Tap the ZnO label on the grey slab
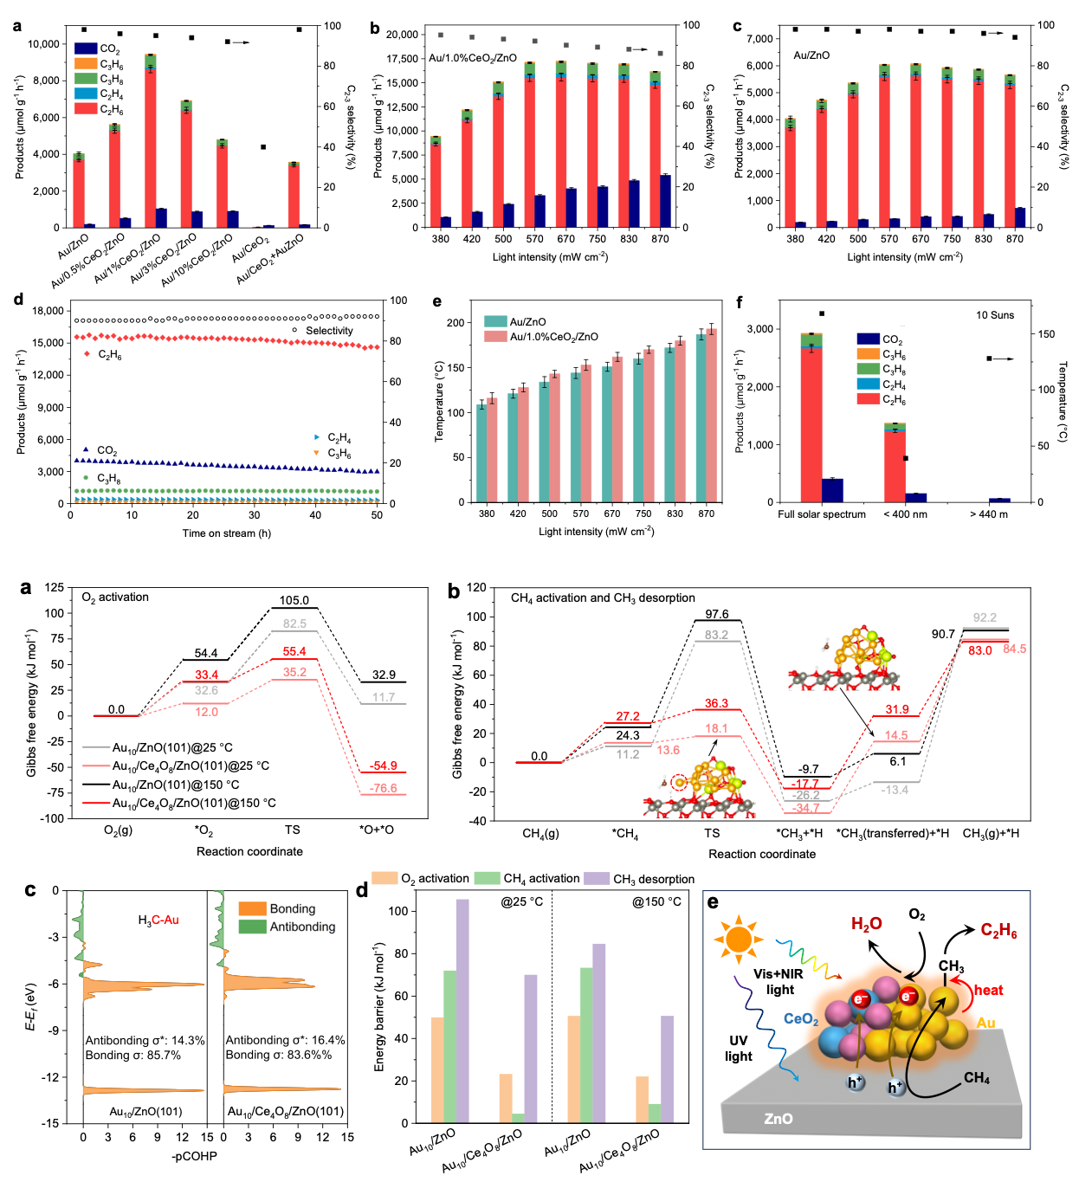[x=779, y=1119]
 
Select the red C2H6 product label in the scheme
[x=998, y=931]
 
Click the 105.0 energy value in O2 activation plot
[x=294, y=600]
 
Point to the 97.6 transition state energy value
[x=716, y=614]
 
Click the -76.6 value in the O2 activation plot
[x=383, y=788]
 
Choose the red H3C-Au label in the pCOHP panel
[x=158, y=920]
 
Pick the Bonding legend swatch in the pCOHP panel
[x=252, y=908]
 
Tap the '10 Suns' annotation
[x=995, y=315]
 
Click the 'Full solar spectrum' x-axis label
[x=822, y=514]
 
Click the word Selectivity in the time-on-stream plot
[x=329, y=331]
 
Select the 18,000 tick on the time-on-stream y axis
[x=47, y=311]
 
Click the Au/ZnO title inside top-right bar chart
[x=811, y=55]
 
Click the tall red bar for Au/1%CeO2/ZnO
[x=151, y=147]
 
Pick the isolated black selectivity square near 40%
[x=263, y=147]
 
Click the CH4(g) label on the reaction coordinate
[x=540, y=833]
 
